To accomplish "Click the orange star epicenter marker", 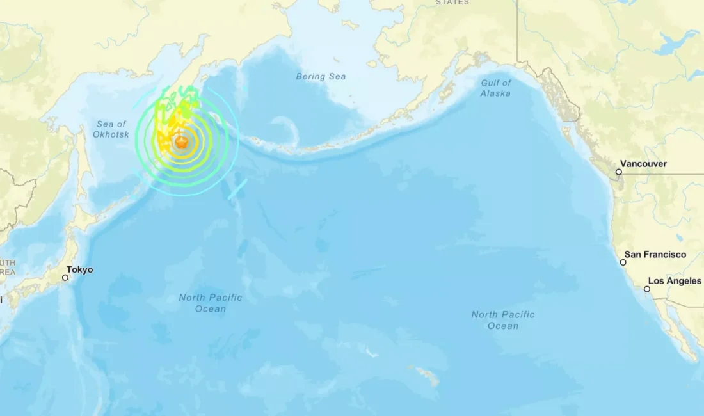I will [x=182, y=143].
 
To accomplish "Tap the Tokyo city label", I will [x=80, y=270].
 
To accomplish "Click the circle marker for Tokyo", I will [x=65, y=278].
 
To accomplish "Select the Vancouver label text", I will [x=644, y=164].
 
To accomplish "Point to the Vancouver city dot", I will [x=619, y=172].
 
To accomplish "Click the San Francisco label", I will [x=655, y=255].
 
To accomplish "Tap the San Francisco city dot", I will [x=623, y=262].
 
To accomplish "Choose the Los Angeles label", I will [x=675, y=281].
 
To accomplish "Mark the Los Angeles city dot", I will [x=647, y=289].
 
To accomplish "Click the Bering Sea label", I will [x=321, y=77].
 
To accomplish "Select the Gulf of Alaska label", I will [x=496, y=88].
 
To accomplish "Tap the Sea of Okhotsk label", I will [x=111, y=129].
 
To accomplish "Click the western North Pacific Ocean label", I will [x=211, y=303].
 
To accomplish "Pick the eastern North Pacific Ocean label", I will [x=503, y=320].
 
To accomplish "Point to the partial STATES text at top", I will [x=452, y=3].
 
